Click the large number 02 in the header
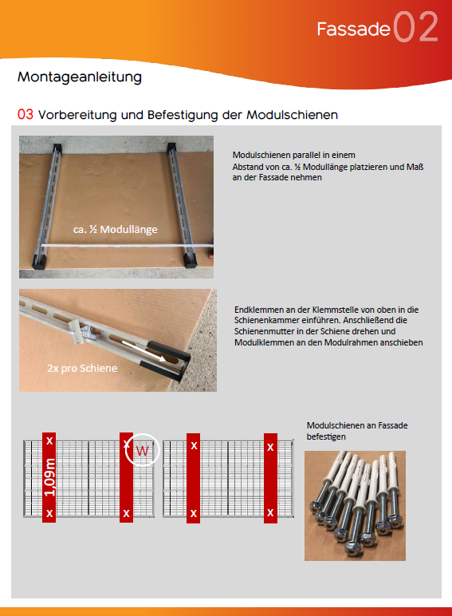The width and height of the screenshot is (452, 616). (x=415, y=26)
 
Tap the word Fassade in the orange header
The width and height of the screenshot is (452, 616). (x=353, y=29)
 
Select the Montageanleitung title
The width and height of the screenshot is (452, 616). (x=80, y=77)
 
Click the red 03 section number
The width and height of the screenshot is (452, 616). (x=26, y=114)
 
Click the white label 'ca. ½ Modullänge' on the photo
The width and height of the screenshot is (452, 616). (x=116, y=230)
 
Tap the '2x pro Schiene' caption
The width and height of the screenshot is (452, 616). (x=82, y=368)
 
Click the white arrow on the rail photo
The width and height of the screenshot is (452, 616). (x=143, y=349)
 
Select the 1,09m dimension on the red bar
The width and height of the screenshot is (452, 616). (x=50, y=477)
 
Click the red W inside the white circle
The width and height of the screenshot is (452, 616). (x=142, y=450)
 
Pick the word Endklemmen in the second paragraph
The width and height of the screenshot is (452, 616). (x=253, y=310)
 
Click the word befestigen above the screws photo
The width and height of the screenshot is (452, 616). (x=326, y=436)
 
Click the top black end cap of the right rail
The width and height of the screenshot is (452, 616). (x=172, y=148)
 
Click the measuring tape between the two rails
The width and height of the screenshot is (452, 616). (x=126, y=247)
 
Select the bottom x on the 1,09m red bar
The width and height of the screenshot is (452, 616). (x=49, y=513)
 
